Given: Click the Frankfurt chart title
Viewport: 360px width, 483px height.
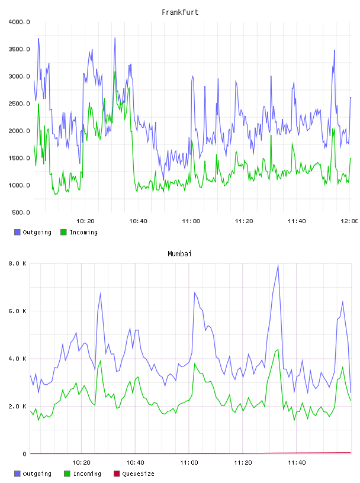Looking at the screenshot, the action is pos(180,12).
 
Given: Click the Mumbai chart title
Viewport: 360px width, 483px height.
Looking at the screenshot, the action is pos(179,254).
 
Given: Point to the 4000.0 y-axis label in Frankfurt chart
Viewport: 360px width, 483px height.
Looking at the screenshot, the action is pos(19,22).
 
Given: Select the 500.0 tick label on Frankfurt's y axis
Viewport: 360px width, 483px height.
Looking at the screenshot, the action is pos(21,212).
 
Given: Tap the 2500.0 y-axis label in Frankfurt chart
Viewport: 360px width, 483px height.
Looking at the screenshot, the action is pos(19,104).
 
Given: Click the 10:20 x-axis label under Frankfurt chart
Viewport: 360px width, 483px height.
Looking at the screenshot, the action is pos(85,221).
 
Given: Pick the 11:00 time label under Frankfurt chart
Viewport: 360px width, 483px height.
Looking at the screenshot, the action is pos(191,221).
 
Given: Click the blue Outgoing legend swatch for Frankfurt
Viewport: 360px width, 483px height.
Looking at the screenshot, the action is pos(17,232).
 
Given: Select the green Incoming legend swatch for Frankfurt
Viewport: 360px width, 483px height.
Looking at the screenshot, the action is pos(63,232).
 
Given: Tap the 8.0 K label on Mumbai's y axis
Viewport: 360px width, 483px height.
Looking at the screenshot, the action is pos(18,263).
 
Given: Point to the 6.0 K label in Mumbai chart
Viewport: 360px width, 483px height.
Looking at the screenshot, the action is pos(18,311).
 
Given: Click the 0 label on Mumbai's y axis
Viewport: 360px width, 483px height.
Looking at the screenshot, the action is pos(25,454).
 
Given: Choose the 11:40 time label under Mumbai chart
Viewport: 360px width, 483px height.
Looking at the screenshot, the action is pos(297,463).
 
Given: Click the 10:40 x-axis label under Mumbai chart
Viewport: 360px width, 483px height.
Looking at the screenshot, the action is pos(135,463).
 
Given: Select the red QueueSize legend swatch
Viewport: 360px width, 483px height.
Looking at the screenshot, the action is pos(117,474).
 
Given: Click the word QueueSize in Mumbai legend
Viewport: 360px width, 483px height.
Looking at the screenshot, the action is pos(138,474).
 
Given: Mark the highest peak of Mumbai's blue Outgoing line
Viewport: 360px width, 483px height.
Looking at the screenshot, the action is pos(278,265).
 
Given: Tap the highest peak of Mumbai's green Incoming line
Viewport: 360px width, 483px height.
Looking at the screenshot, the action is pos(278,350).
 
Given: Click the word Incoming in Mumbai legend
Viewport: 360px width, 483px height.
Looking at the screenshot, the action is pos(87,474).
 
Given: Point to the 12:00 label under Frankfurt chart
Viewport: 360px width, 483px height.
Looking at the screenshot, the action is pos(349,221).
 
